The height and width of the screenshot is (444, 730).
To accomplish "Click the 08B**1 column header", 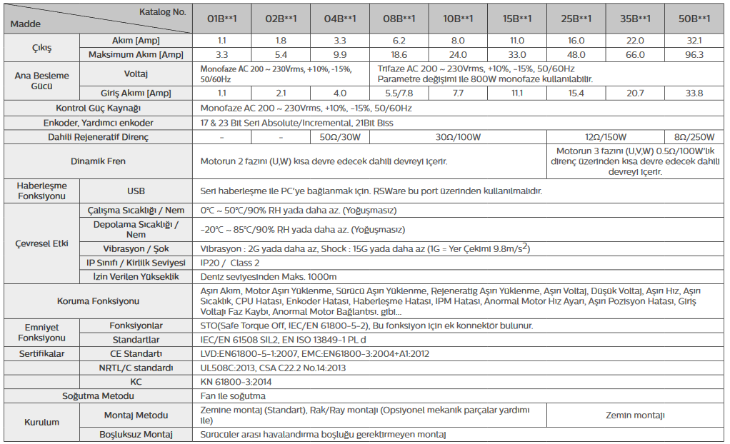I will [399, 18].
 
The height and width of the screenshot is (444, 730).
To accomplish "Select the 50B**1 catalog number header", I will [694, 18].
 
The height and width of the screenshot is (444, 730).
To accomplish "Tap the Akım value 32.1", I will [694, 41].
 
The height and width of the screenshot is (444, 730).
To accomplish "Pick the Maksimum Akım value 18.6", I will [399, 54].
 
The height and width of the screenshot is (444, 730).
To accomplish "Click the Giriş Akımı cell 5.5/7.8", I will [399, 93].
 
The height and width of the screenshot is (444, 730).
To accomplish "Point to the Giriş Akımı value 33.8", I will [694, 93].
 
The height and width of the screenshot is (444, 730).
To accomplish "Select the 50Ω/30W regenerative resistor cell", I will [341, 136].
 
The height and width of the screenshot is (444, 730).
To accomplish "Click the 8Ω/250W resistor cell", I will [694, 136].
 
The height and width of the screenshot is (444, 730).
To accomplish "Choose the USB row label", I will [136, 191].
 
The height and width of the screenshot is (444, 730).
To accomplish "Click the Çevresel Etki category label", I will [41, 243].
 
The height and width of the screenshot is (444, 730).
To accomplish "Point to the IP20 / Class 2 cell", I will [230, 263].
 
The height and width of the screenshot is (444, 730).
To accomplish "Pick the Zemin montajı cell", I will [635, 415].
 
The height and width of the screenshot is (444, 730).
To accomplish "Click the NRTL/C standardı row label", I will [136, 368].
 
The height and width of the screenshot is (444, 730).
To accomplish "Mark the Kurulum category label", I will [41, 422].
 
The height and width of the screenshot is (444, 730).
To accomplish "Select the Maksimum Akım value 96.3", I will [694, 54].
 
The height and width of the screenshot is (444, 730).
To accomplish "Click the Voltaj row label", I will [136, 74].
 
